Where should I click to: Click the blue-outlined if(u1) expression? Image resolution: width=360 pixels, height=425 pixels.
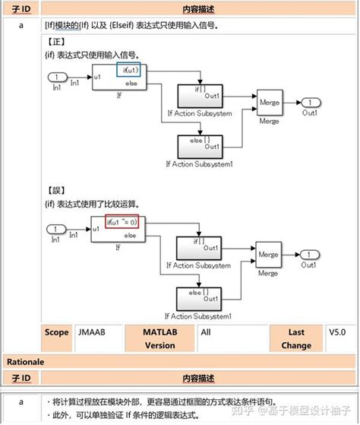tap(128, 70)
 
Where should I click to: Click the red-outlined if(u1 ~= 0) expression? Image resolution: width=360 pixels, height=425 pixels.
tap(122, 223)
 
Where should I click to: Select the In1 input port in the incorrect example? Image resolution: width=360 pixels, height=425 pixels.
tap(57, 229)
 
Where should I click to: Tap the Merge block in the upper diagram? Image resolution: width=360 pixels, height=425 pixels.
tap(269, 103)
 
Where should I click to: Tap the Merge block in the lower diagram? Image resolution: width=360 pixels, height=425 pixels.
tap(267, 255)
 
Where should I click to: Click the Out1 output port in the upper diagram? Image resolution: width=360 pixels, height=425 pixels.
tap(310, 103)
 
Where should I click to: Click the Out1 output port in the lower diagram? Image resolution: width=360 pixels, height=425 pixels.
tap(310, 255)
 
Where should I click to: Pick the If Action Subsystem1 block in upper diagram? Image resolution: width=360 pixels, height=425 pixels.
tap(200, 144)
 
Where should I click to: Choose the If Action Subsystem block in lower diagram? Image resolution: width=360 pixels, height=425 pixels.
tap(200, 248)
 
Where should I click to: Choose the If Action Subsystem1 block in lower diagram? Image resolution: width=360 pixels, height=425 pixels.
tap(200, 297)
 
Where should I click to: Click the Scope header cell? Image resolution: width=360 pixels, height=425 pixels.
tap(56, 331)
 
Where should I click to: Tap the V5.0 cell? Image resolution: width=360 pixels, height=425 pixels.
tap(336, 331)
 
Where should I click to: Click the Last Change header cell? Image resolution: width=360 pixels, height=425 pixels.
tap(296, 338)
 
